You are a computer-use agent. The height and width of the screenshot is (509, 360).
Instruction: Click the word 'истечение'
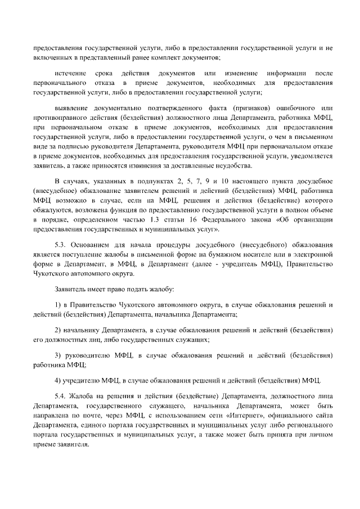tap(71, 74)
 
